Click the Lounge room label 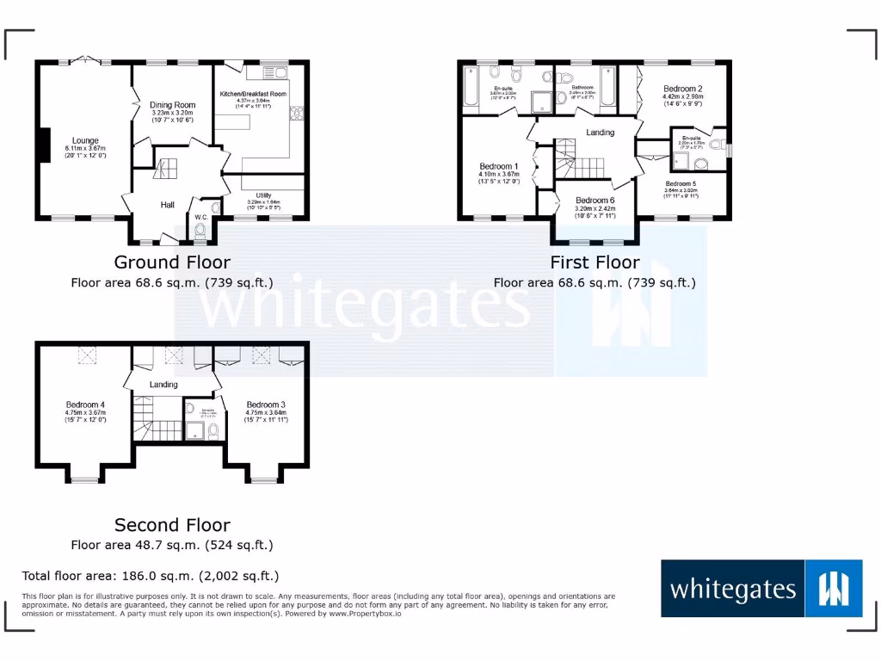[x=85, y=140]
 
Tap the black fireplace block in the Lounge [x=45, y=144]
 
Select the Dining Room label [x=173, y=105]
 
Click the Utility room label [x=263, y=195]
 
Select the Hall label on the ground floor [x=167, y=205]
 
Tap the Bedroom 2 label [x=682, y=89]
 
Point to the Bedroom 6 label [x=595, y=201]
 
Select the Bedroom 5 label [x=681, y=183]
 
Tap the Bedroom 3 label [x=265, y=405]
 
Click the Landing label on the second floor [x=164, y=384]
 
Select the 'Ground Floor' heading [x=172, y=263]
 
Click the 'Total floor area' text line [x=151, y=576]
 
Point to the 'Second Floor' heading [x=172, y=525]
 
